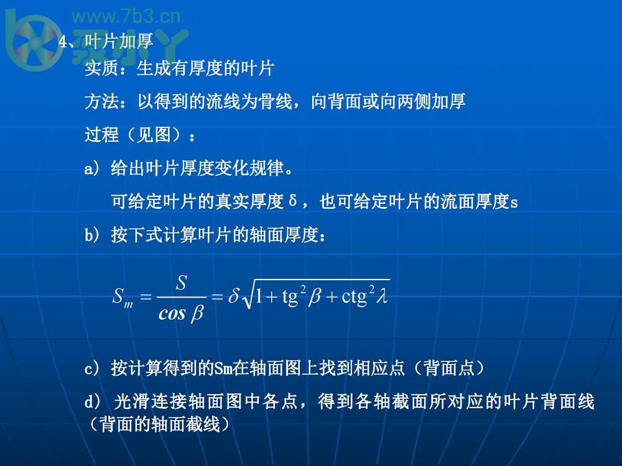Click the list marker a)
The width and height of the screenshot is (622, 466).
91,168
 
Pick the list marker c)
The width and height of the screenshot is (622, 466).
91,368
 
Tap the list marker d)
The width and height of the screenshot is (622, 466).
91,402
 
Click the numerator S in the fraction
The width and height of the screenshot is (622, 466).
181,283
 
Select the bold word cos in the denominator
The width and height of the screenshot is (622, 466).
172,313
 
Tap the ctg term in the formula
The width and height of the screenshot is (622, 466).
355,297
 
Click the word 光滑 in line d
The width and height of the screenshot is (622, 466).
128,402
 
